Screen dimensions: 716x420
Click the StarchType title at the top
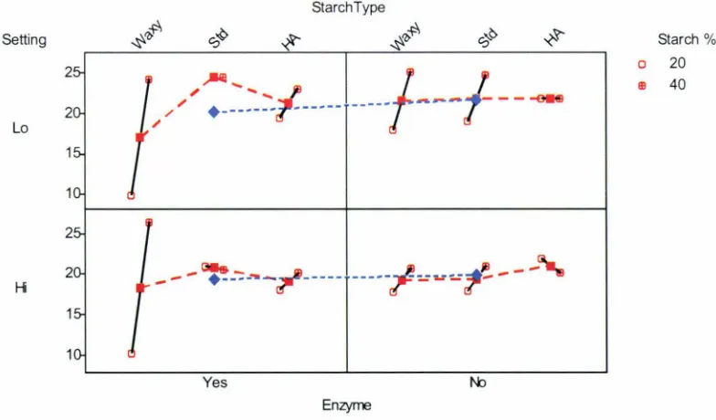(349, 7)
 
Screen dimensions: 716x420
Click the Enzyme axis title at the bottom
(347, 405)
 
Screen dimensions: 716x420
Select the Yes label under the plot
(215, 382)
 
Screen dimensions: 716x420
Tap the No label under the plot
(478, 382)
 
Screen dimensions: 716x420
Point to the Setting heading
(24, 40)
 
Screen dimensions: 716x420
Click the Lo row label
(20, 128)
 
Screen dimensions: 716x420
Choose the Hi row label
(20, 288)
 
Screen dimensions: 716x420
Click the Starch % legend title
(687, 40)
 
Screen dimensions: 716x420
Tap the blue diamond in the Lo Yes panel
(214, 111)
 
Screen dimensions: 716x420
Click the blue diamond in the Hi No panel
(477, 275)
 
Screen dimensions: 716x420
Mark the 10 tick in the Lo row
(74, 194)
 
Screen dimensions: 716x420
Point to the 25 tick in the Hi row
(74, 234)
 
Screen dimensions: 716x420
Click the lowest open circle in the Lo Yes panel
(132, 195)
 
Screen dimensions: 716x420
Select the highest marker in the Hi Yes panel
(149, 223)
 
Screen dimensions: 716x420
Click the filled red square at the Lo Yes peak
(214, 77)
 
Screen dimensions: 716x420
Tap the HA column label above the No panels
(553, 37)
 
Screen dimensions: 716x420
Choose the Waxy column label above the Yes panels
(147, 35)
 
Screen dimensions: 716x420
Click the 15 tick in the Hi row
(74, 314)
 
